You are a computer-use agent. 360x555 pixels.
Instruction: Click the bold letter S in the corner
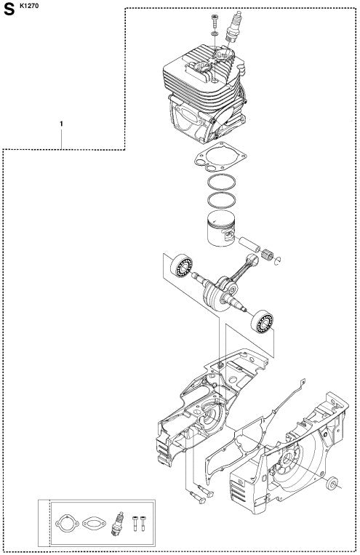tap(9, 9)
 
